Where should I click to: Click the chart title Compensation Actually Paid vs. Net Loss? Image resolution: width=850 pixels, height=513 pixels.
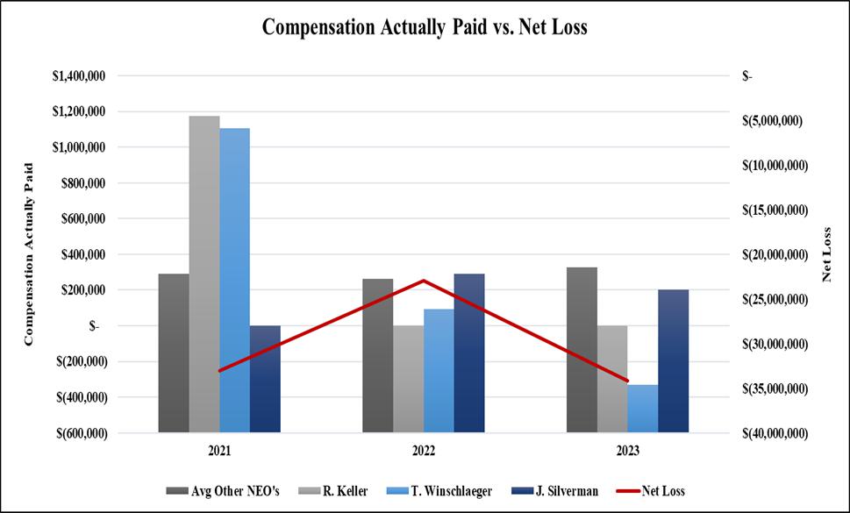425,27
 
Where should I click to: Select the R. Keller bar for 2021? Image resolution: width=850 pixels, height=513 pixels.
204,274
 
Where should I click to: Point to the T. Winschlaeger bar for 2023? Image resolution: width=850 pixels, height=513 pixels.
643,408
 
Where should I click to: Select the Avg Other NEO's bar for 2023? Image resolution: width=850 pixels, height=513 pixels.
582,349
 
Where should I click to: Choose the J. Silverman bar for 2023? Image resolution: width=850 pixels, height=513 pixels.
674,360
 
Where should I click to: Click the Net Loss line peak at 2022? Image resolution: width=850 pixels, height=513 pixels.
424,281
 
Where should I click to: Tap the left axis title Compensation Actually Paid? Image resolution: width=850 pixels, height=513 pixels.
30,254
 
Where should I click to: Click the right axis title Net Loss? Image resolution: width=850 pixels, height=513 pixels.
827,254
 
